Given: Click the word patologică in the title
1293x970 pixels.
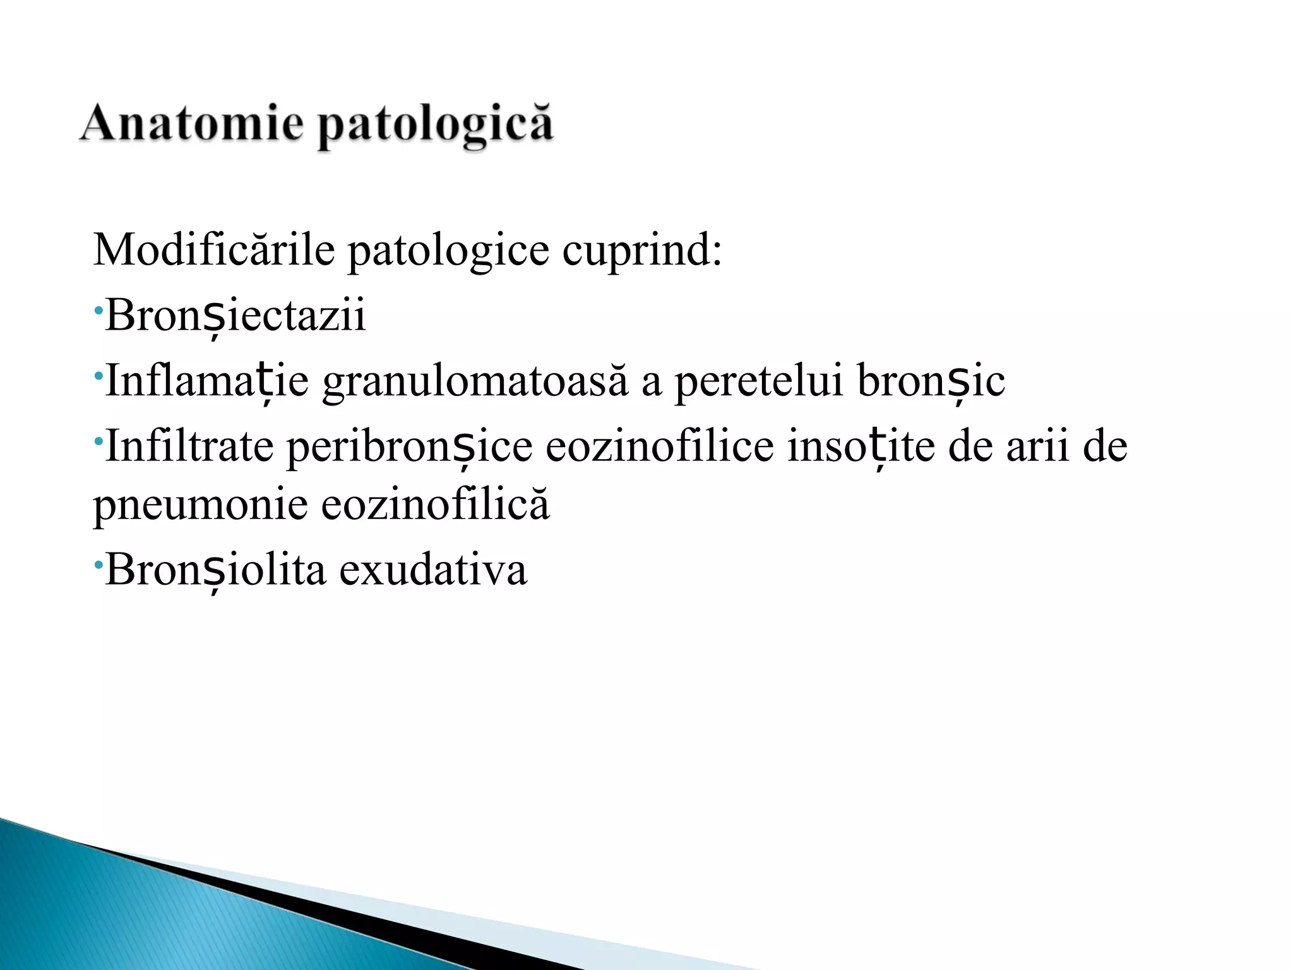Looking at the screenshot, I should pyautogui.click(x=435, y=126).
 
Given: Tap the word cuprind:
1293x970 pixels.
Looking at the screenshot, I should pyautogui.click(x=641, y=251).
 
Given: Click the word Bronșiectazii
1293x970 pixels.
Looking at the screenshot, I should pyautogui.click(x=235, y=315).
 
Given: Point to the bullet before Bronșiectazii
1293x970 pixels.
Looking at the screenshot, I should pyautogui.click(x=98, y=310).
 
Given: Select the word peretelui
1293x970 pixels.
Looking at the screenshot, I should pyautogui.click(x=759, y=381).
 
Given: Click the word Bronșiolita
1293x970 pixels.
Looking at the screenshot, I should pyautogui.click(x=216, y=569).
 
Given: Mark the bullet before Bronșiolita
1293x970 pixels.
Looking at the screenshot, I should pyautogui.click(x=98, y=564).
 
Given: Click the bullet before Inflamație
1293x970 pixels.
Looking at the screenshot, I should pyautogui.click(x=98, y=376).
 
